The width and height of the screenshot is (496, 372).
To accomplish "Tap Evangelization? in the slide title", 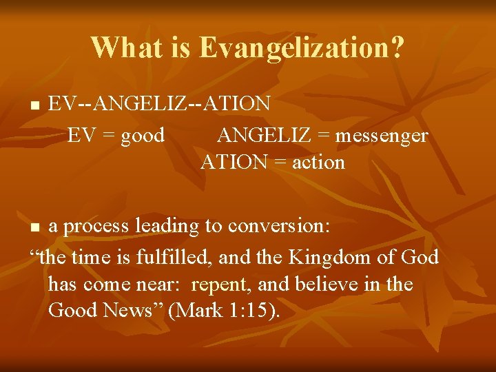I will pos(302,48).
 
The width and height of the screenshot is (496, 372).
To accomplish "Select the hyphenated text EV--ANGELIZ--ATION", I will pos(159,104).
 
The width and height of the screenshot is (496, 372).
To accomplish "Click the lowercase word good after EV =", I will pos(143,136).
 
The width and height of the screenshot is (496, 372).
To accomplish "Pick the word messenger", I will pos(381,136).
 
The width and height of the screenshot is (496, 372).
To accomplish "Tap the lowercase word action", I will pos(318,163).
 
